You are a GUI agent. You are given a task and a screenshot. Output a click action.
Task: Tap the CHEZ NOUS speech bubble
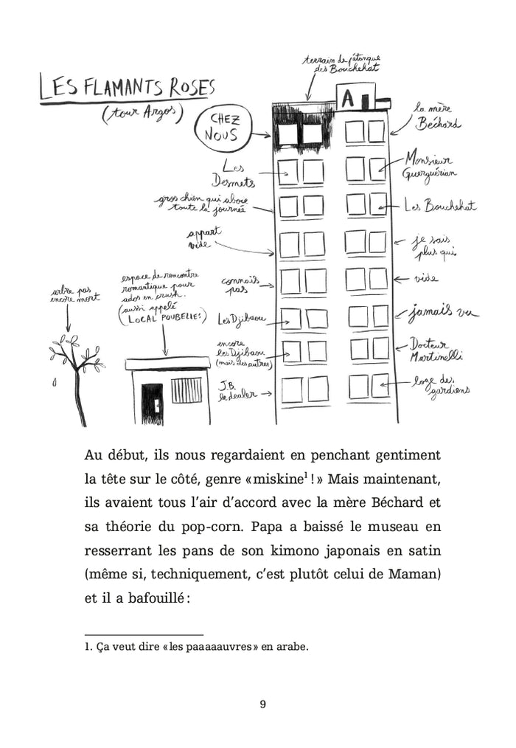pos(223,128)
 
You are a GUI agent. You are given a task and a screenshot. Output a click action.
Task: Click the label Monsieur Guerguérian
pos(430,167)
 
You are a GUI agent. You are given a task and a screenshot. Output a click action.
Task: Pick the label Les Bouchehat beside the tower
pos(439,207)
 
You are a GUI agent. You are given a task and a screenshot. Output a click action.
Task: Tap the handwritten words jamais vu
pos(443,313)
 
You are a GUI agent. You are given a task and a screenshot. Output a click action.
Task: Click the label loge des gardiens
pos(440,386)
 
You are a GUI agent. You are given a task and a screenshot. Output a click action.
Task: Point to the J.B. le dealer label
pos(237,389)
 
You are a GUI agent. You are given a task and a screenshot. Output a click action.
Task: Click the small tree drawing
pos(75,376)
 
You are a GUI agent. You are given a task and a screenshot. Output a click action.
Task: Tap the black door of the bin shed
pos(152,403)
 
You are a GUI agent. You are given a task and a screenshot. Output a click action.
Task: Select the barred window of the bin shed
pos(186,390)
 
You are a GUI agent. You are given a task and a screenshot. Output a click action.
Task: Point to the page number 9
pos(263,704)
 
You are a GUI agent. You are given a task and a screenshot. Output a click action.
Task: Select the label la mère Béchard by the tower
pos(436,116)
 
